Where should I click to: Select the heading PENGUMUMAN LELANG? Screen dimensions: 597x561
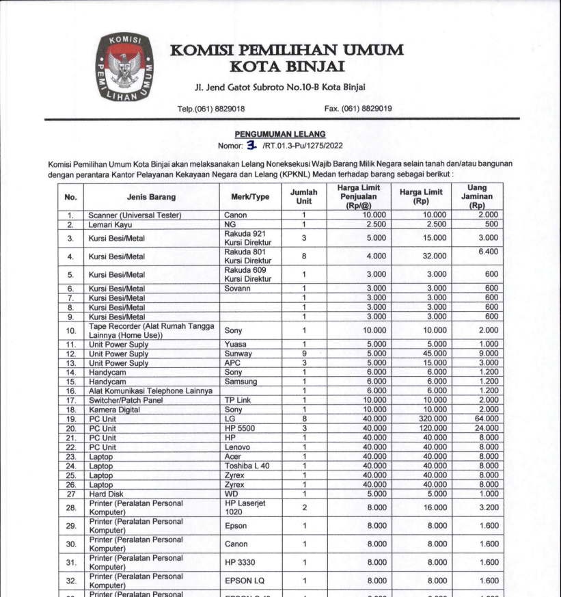tap(280, 135)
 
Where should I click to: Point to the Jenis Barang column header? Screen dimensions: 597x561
tap(151, 197)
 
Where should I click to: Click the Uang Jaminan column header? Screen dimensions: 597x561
tap(477, 197)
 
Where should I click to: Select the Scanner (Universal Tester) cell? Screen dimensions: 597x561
tap(135, 215)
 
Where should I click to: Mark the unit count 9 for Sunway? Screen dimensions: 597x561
tap(303, 354)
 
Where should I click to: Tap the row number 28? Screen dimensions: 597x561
tap(70, 508)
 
